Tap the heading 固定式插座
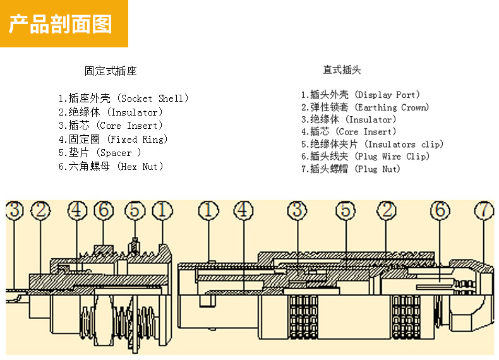[x=111, y=71]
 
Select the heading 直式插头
[x=342, y=69]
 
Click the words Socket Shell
[x=153, y=99]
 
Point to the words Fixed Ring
[x=137, y=139]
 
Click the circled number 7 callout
[x=484, y=211]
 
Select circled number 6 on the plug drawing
[x=440, y=211]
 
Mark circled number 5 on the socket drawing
[x=134, y=211]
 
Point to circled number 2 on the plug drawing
[x=386, y=211]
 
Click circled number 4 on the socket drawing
[x=76, y=211]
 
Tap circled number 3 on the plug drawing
[x=298, y=211]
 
